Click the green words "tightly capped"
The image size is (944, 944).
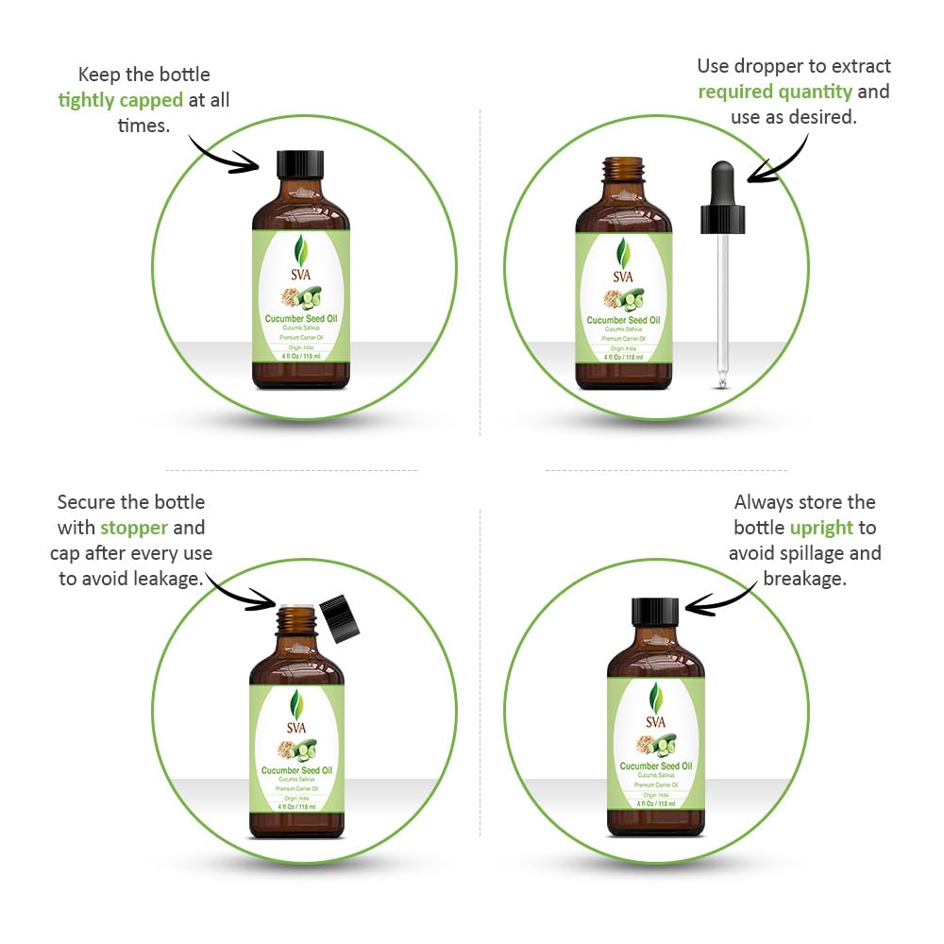pos(120,100)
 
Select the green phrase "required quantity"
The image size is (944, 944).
pos(775,92)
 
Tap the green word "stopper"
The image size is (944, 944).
pos(134,528)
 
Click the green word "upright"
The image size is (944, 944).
pos(821,528)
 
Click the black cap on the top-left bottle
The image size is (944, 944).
pos(300,164)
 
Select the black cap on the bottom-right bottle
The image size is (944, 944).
pos(655,612)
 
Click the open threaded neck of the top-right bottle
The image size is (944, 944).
pos(623,170)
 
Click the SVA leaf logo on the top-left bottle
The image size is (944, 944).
pos(300,253)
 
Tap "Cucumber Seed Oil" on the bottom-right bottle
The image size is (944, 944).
pos(655,767)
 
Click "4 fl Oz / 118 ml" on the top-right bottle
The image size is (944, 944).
pos(623,358)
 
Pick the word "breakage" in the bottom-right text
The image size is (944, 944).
pos(804,579)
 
